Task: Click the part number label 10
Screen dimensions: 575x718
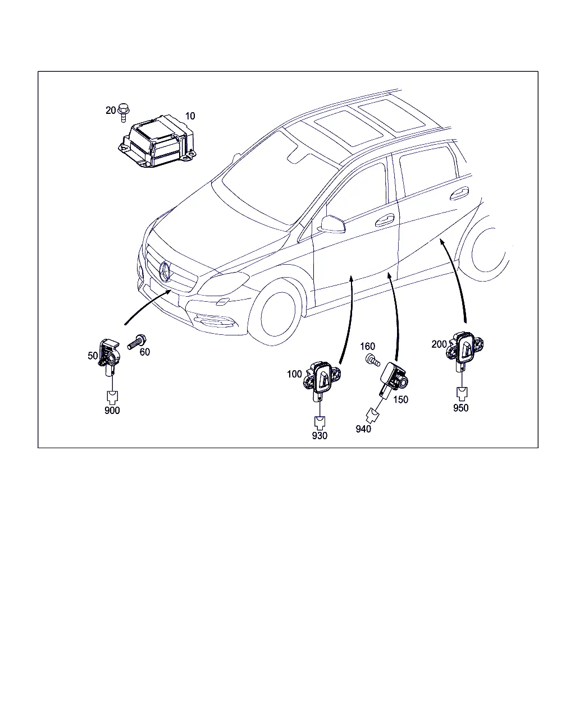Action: click(x=190, y=116)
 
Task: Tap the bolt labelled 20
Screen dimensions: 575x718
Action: click(x=124, y=112)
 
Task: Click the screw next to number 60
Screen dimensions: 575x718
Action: click(x=136, y=342)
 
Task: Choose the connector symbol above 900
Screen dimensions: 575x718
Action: click(x=112, y=397)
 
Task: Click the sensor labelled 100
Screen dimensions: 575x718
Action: click(x=321, y=380)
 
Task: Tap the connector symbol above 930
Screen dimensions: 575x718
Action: click(x=320, y=423)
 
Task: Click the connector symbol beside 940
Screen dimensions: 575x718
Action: click(x=372, y=416)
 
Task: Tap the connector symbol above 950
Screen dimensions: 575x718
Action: click(x=462, y=394)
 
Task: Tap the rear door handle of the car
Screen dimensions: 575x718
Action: click(x=459, y=193)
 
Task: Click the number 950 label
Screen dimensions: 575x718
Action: click(x=461, y=408)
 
